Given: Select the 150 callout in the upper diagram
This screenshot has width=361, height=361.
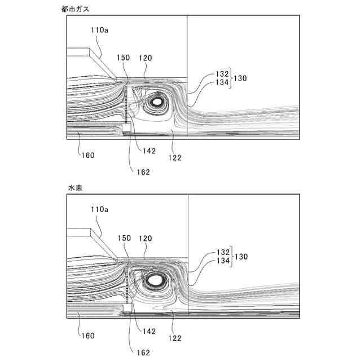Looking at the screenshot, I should click(x=124, y=58).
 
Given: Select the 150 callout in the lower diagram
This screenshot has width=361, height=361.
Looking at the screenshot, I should click(x=124, y=238).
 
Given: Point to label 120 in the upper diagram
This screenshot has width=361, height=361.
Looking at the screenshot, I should click(x=144, y=58).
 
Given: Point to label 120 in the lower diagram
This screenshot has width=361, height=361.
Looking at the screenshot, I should click(x=144, y=238).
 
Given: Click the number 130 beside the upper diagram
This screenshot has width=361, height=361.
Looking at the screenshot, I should click(x=241, y=77).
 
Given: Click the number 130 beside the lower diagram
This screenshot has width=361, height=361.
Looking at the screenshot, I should click(x=241, y=256).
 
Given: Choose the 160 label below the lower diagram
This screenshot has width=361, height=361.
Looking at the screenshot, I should click(x=87, y=335).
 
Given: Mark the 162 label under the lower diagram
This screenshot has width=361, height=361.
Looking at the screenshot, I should click(x=143, y=353).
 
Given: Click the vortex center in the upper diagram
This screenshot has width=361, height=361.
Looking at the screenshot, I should click(x=157, y=102).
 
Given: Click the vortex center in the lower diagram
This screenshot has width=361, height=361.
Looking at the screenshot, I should click(x=155, y=279).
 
